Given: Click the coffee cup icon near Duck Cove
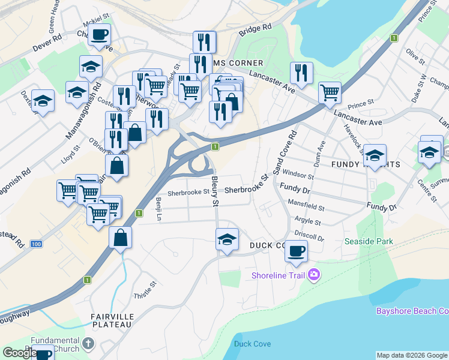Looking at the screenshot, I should [x=296, y=251].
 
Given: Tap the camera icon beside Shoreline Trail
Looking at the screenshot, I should [x=314, y=275].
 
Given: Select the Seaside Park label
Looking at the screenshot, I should [x=368, y=241].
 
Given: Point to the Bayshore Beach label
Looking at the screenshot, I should [x=412, y=311].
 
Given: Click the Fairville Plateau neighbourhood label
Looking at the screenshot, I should [x=111, y=320].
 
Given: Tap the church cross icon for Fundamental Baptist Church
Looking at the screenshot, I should [x=88, y=344].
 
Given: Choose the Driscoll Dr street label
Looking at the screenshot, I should [x=309, y=234].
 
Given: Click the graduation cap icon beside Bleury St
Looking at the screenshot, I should [x=227, y=239].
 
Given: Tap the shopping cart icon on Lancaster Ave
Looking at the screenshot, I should [x=330, y=93].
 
